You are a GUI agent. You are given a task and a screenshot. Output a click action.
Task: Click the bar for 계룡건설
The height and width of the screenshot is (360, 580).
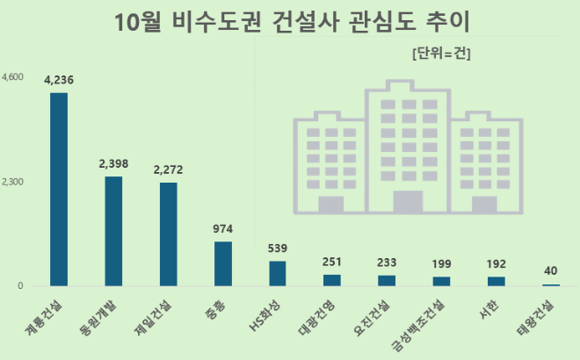(59, 189)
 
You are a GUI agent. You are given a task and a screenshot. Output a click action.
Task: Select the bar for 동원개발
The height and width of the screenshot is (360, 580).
(113, 231)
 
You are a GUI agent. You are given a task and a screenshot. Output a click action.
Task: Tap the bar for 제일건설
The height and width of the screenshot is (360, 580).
(168, 234)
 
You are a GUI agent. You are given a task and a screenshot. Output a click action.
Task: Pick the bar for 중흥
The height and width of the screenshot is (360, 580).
(223, 263)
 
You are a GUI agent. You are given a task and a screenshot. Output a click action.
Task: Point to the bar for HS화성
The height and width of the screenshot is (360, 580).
(278, 273)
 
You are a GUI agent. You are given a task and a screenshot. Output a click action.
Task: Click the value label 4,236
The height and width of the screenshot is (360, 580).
(59, 80)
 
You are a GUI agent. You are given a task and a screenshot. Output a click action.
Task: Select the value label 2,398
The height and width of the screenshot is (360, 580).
(113, 163)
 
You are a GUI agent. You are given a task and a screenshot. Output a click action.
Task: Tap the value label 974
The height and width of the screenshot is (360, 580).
(223, 228)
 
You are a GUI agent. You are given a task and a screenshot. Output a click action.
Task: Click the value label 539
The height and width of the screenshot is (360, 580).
(278, 248)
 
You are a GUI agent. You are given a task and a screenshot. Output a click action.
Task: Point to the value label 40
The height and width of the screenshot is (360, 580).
(551, 270)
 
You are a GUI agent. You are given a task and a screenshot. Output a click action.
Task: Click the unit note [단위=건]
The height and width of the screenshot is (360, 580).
(441, 54)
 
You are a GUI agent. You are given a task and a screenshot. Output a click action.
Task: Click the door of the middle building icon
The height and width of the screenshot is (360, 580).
(408, 202)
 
